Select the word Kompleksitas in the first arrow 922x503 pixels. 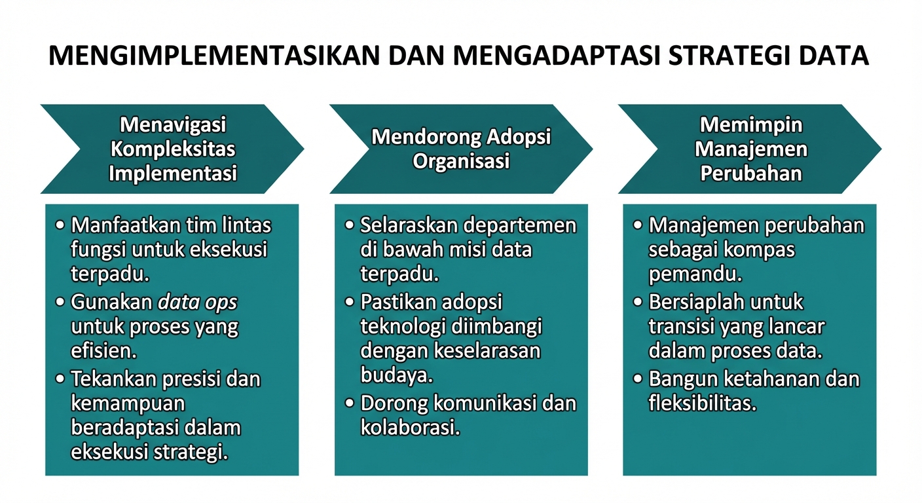[x=173, y=149]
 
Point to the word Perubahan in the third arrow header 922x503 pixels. [x=751, y=173]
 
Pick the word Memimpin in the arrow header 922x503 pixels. [x=751, y=124]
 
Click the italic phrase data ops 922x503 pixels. [x=198, y=302]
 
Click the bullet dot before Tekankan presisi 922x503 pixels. [x=60, y=379]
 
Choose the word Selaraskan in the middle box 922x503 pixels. [x=409, y=225]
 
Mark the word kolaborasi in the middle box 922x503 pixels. [x=409, y=428]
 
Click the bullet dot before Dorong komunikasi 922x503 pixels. [x=350, y=403]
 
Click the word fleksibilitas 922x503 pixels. [x=702, y=403]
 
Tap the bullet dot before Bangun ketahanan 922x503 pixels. [x=638, y=379]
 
